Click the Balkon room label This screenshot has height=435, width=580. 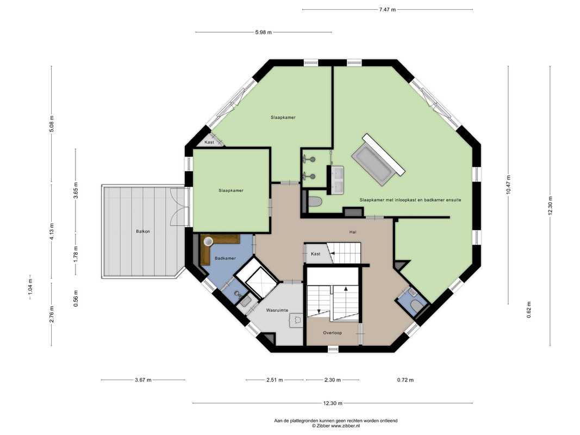point(143,231)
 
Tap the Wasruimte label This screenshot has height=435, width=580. point(277,310)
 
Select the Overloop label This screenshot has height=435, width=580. point(332,333)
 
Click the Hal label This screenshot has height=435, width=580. point(353,232)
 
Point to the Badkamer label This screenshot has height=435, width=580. point(225,258)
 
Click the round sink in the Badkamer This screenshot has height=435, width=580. point(208,241)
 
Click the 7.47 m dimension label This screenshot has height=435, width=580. point(387,10)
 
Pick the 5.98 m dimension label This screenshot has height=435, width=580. point(264,32)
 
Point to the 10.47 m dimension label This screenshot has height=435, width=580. point(508,184)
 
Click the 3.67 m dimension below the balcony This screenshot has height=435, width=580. point(143,380)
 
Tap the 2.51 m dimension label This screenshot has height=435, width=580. point(275,380)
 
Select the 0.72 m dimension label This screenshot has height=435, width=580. point(406,380)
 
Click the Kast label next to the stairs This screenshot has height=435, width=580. point(315,254)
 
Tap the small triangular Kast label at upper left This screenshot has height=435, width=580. point(209,142)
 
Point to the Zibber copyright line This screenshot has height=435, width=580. point(336,426)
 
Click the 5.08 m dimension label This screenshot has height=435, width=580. point(52,124)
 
